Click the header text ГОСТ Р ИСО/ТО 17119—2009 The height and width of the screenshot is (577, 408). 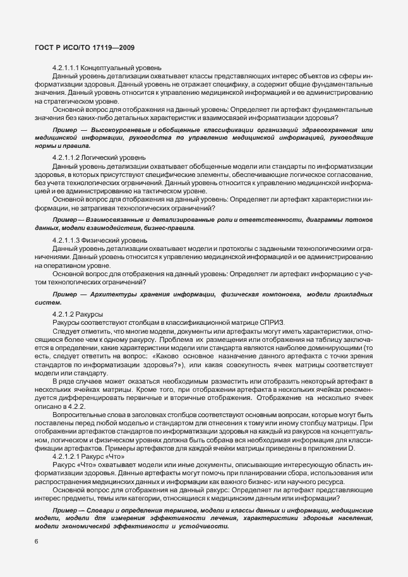[x=84, y=48]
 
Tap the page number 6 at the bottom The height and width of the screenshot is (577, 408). [x=36, y=542]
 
